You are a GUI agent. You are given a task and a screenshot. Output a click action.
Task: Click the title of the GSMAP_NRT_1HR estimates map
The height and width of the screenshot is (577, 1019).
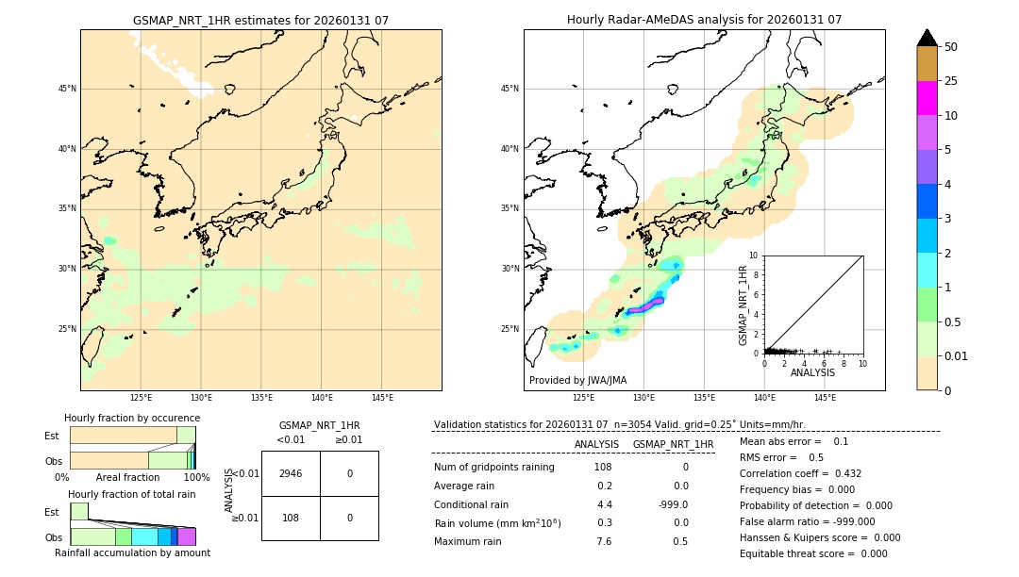[260, 20]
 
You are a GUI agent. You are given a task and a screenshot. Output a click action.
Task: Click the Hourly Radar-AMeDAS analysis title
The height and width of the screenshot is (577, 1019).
[704, 20]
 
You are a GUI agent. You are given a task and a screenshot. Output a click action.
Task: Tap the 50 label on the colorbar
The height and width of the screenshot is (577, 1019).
[951, 47]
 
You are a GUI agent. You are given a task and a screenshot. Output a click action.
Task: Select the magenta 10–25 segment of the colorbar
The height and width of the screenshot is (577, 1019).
[927, 98]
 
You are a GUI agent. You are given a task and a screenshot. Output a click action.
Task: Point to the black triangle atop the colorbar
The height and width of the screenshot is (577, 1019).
[927, 38]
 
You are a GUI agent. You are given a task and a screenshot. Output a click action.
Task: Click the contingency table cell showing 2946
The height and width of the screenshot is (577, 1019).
[291, 473]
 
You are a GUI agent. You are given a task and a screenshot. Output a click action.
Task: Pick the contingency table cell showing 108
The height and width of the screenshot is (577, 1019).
[291, 518]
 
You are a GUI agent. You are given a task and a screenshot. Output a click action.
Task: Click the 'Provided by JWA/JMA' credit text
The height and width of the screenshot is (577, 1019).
[577, 380]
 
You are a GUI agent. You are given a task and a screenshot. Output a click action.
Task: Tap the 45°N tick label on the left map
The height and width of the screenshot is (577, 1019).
[67, 89]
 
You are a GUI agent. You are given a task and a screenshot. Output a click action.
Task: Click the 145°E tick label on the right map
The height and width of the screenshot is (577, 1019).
[825, 398]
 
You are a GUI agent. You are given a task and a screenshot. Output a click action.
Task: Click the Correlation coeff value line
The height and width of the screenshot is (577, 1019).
[800, 473]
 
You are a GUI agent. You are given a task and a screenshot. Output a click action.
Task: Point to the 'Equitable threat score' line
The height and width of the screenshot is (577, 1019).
[813, 553]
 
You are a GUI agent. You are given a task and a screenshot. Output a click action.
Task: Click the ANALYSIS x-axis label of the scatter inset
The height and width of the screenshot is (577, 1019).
[812, 372]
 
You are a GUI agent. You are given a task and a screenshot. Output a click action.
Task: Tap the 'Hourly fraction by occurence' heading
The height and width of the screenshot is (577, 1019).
[132, 418]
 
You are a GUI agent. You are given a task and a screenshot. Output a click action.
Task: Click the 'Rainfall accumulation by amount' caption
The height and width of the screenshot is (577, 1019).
[132, 552]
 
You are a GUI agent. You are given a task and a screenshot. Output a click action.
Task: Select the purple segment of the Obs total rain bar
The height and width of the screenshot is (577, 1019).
[187, 536]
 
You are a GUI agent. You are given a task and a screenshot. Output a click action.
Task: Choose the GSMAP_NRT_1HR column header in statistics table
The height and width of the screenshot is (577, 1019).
[673, 444]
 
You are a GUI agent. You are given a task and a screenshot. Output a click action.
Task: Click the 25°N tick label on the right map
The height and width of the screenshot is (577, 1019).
[510, 329]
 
